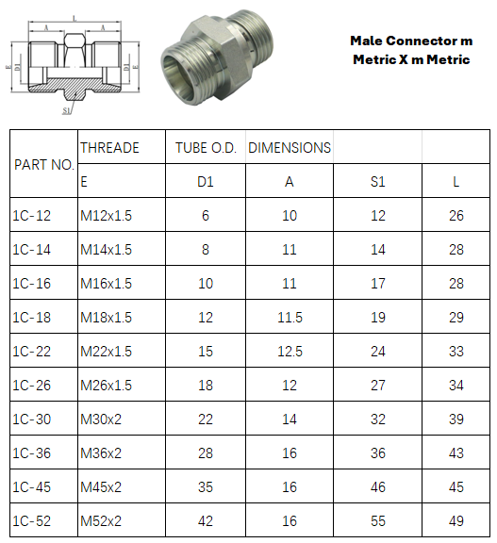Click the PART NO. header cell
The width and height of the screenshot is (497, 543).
(x=43, y=164)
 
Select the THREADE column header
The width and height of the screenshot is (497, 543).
(x=109, y=148)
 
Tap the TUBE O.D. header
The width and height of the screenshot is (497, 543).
(x=206, y=148)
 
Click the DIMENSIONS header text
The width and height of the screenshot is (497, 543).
(x=290, y=148)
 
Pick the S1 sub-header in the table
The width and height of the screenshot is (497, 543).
(x=377, y=182)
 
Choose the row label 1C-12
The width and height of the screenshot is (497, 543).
(x=32, y=216)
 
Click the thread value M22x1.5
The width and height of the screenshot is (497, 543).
(x=107, y=352)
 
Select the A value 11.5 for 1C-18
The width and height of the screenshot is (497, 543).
(x=290, y=318)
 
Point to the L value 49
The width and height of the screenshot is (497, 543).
(x=456, y=520)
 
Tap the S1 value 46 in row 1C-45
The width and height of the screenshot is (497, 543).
(x=377, y=486)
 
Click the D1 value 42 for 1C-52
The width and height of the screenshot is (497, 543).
(x=206, y=520)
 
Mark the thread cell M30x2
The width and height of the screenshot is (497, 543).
(x=101, y=419)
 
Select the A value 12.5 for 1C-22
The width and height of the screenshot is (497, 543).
(x=290, y=352)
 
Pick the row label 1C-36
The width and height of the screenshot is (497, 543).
(x=32, y=452)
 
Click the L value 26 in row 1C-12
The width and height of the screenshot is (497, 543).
(x=456, y=216)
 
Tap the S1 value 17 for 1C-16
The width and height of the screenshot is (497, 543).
(x=377, y=284)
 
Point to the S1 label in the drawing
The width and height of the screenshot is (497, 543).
(x=67, y=110)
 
